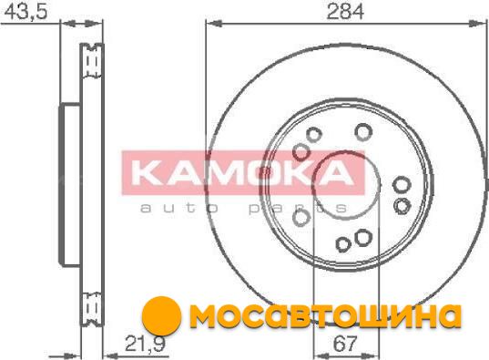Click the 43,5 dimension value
pyautogui.click(x=25, y=12)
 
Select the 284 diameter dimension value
pyautogui.click(x=345, y=12)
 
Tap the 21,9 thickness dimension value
pyautogui.click(x=145, y=344)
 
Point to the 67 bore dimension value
pyautogui.click(x=344, y=344)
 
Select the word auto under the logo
pyautogui.click(x=179, y=209)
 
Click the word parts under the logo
pyautogui.click(x=298, y=209)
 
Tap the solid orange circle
pyautogui.click(x=161, y=316)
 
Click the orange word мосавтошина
pyautogui.click(x=326, y=315)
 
